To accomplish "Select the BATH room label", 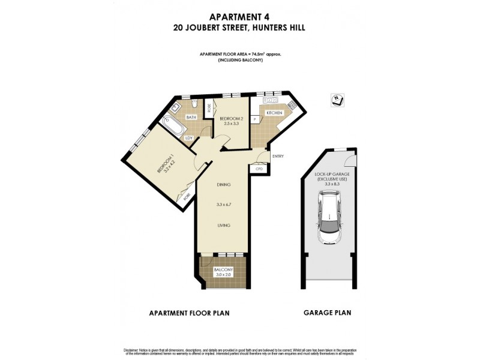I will point(191,117).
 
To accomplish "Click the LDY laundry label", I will point(189,138).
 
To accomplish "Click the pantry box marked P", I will point(255,120).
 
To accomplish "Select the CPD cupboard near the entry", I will point(260,169).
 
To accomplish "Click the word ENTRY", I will point(278,157).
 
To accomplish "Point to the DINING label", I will point(224,184).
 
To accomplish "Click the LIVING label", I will point(224,227).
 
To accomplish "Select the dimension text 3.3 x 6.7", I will point(224,205).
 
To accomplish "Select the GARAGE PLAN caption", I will point(328,313).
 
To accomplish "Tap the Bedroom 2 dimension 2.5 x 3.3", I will point(228,124).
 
